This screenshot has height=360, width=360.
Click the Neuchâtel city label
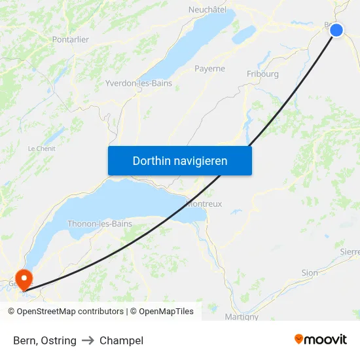click(207, 10)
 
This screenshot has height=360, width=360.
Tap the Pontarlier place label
click(70, 40)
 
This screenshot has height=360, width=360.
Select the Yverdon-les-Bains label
click(139, 83)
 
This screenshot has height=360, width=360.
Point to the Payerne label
click(209, 69)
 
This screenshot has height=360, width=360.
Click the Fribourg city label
click(262, 74)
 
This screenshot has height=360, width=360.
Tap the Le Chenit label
click(41, 149)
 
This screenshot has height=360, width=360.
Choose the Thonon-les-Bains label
click(100, 224)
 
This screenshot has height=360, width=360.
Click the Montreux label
click(205, 204)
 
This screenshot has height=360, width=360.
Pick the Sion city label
click(310, 273)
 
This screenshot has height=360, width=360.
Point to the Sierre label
click(350, 251)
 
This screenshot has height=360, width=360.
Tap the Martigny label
click(242, 317)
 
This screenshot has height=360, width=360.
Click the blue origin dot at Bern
click(336, 30)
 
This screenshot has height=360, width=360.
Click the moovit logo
click(321, 340)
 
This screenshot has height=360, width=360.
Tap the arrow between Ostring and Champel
click(88, 340)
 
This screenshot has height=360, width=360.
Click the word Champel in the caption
click(121, 340)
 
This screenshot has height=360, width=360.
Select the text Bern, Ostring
click(45, 340)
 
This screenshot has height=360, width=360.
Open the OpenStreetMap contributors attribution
click(70, 312)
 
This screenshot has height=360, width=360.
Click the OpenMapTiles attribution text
click(166, 312)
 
